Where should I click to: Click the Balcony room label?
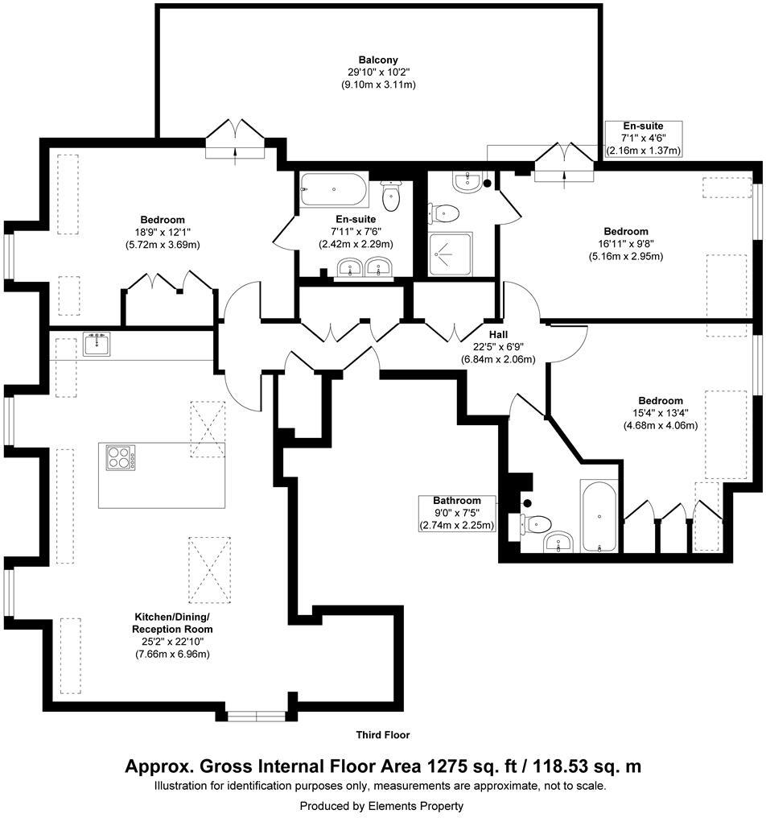(x=378, y=60)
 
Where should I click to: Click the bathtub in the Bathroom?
(x=599, y=514)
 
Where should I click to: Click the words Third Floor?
(x=383, y=734)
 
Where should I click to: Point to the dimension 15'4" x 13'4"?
(x=660, y=413)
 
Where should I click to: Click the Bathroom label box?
(x=456, y=513)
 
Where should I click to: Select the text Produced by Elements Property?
(x=381, y=805)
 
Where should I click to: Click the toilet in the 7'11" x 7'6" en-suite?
(x=392, y=194)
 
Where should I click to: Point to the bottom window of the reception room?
(x=255, y=714)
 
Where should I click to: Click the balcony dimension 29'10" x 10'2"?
(x=378, y=72)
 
